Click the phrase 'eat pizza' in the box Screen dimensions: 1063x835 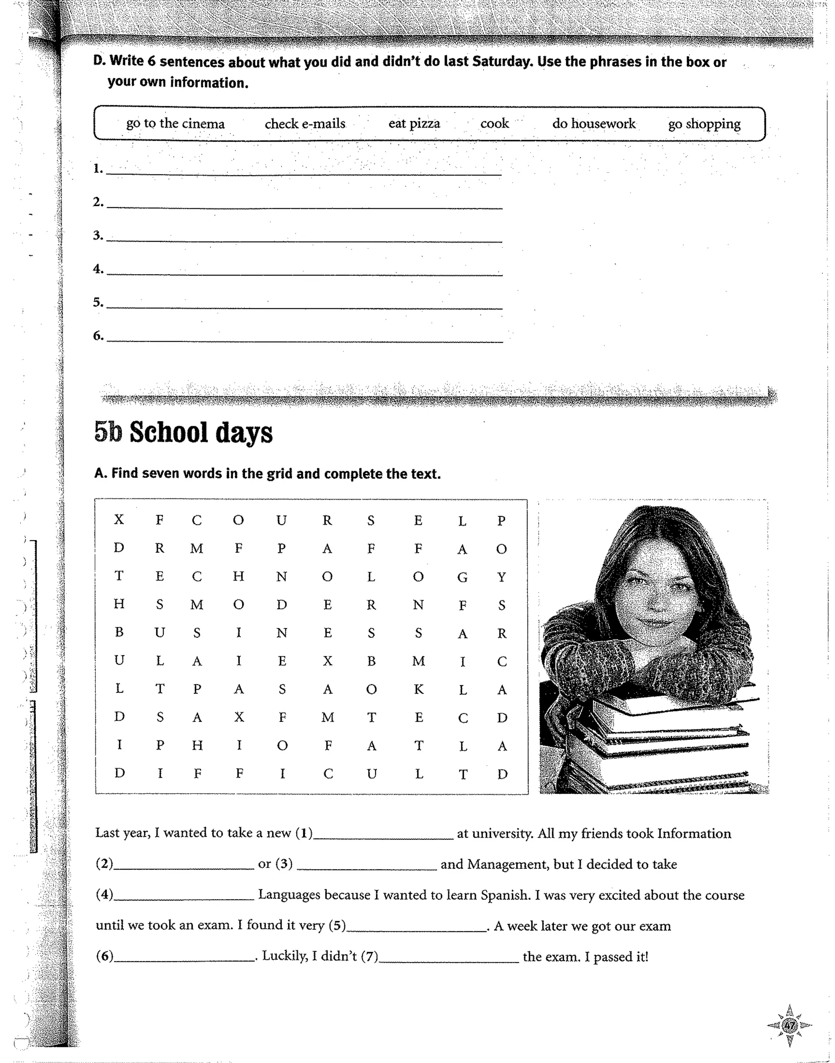coord(414,124)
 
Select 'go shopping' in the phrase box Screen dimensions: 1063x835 coord(704,124)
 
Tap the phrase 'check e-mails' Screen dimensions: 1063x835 coord(305,124)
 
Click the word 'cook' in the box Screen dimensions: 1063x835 coord(494,124)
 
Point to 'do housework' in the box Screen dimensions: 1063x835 coord(594,124)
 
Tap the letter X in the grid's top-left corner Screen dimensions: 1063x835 coord(119,519)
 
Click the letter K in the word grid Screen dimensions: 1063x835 coord(418,690)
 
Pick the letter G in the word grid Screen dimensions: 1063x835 coord(462,577)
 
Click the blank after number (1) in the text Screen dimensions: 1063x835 coord(383,835)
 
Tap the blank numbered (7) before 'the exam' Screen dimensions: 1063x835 coord(449,957)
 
